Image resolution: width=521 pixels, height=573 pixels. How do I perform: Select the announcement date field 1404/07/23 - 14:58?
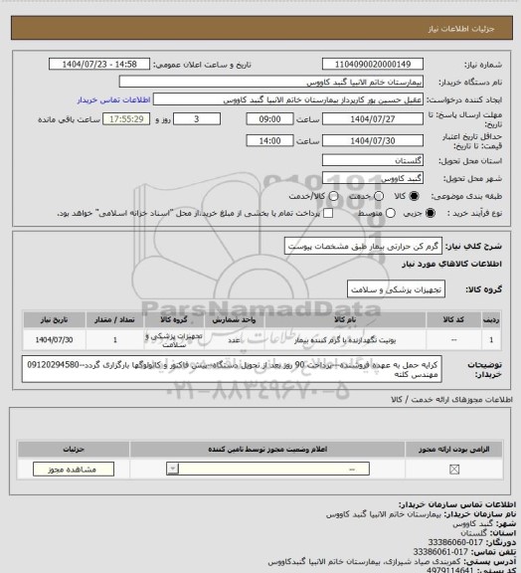coord(98,63)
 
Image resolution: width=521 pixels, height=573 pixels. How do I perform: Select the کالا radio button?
coord(397,197)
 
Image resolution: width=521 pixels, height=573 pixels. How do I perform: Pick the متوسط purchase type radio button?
coord(322,213)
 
